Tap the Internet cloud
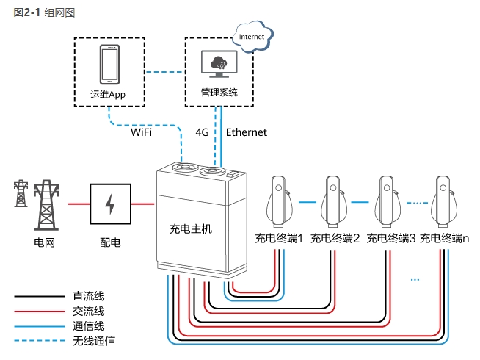click(252, 34)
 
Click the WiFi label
click(142, 133)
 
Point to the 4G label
click(203, 133)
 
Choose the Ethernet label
click(247, 133)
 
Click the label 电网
click(44, 242)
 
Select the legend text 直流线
click(89, 296)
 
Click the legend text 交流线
click(89, 312)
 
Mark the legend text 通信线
click(89, 326)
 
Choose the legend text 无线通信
click(94, 341)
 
